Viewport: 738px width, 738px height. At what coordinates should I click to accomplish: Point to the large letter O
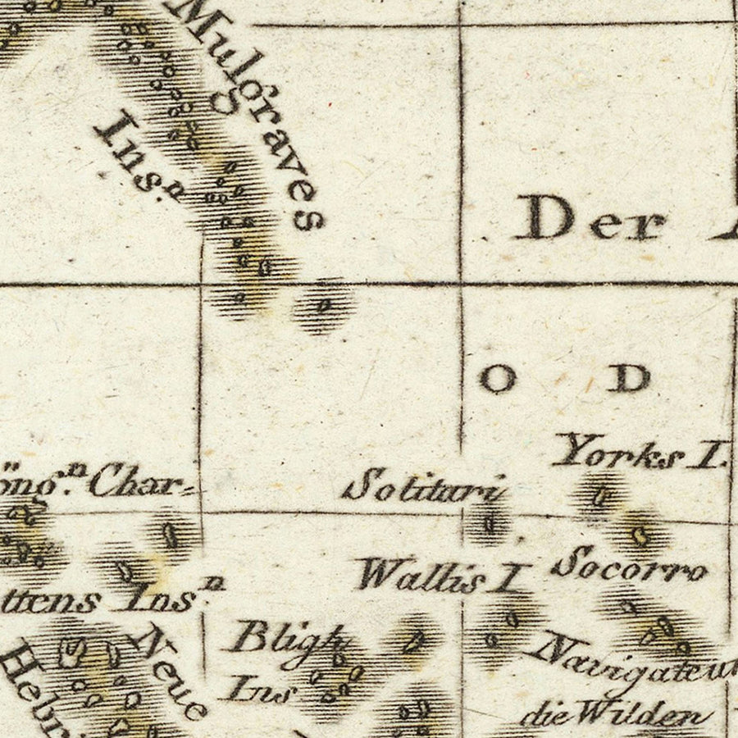tap(498, 379)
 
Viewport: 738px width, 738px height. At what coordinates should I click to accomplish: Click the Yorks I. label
tap(640, 453)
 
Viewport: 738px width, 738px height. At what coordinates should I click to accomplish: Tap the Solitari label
tap(422, 487)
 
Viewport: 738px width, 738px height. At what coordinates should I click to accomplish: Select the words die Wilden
tap(615, 715)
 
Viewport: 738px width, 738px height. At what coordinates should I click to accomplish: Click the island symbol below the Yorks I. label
tap(602, 495)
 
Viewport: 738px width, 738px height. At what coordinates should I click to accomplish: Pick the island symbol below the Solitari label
tap(490, 522)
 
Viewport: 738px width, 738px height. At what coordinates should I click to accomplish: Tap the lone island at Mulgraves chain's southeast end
tap(323, 306)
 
